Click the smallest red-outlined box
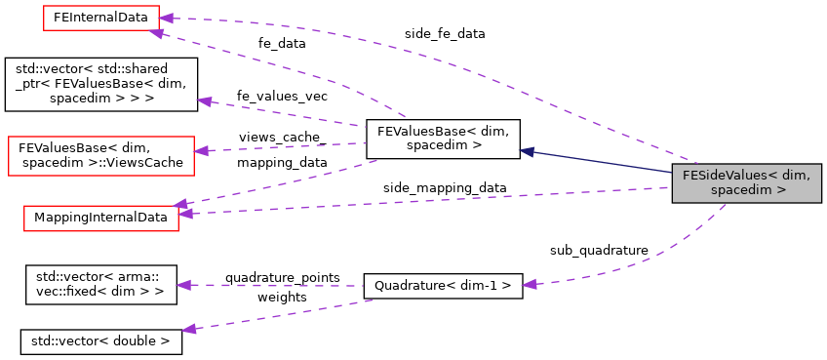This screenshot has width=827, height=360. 100,18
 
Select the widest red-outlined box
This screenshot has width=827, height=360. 100,156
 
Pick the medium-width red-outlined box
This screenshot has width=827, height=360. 100,219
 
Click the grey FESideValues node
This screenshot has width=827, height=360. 746,183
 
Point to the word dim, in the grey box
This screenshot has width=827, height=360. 796,176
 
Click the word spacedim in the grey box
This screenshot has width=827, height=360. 741,190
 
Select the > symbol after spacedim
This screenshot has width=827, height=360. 781,190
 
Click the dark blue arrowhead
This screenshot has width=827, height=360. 527,151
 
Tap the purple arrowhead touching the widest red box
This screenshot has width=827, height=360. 201,150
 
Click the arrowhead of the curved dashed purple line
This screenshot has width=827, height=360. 529,284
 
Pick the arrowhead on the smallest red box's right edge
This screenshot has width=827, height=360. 166,18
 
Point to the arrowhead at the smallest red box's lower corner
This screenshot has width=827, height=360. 156,33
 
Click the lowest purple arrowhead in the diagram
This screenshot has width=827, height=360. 188,330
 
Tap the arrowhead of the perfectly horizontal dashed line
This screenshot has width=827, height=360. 183,285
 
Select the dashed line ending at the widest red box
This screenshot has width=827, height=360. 283,147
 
